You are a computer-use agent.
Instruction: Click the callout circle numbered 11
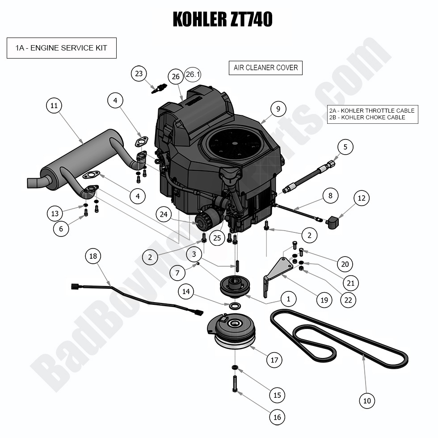point(54,106)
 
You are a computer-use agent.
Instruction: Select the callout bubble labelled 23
point(139,73)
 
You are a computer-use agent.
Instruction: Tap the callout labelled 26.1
point(193,74)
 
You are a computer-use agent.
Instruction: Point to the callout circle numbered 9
point(278,109)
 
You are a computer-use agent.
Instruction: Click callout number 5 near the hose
point(345,147)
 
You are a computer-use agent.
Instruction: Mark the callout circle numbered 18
point(93,256)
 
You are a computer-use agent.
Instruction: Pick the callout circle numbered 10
point(367,401)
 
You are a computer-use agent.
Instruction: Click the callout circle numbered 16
point(277,417)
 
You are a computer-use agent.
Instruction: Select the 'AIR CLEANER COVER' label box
point(265,68)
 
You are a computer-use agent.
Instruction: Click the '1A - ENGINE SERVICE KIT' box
point(62,48)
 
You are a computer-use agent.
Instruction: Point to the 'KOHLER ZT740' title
point(222,19)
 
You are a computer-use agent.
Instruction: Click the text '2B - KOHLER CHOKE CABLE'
point(367,118)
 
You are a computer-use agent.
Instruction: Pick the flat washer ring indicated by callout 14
point(234,306)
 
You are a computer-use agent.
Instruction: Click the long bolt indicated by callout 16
point(235,384)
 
